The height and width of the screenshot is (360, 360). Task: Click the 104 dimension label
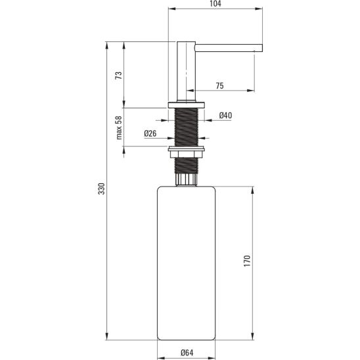click(215, 3)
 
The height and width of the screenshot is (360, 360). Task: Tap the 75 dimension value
click(219, 85)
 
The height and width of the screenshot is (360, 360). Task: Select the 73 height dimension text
click(118, 76)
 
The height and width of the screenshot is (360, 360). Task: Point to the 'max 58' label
click(119, 128)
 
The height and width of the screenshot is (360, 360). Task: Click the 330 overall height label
click(101, 189)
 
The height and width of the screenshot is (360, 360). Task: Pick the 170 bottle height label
click(247, 261)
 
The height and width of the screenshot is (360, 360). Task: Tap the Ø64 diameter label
click(187, 352)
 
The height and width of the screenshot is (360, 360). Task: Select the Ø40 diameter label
click(225, 115)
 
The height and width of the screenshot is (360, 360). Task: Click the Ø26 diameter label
click(150, 133)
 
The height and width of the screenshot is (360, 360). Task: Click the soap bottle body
click(186, 263)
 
